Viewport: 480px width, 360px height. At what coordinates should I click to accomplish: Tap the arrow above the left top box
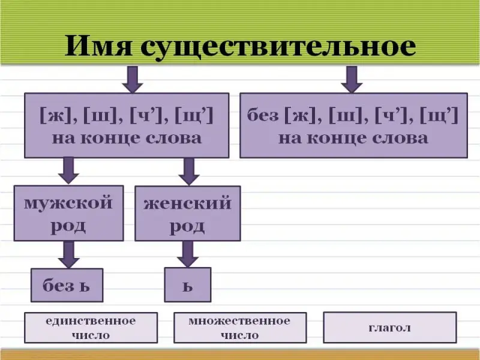click(x=132, y=79)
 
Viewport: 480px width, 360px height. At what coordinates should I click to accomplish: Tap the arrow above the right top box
click(x=352, y=79)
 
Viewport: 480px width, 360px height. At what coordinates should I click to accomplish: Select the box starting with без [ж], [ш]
click(x=353, y=125)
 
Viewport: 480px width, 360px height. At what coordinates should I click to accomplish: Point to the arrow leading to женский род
click(x=189, y=170)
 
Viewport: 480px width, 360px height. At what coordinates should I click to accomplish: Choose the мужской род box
click(x=69, y=212)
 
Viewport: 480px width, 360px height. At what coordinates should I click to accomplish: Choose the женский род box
click(x=187, y=212)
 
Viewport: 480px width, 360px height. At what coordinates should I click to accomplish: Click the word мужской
click(x=68, y=203)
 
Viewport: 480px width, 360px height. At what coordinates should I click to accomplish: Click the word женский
click(x=187, y=203)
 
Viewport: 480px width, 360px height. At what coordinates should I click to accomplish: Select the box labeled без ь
click(x=67, y=284)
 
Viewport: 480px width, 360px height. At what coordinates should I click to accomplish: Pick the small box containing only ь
click(x=188, y=284)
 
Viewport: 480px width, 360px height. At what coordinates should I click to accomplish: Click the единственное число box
click(x=91, y=328)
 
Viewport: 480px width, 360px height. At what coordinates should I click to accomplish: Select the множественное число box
click(x=239, y=328)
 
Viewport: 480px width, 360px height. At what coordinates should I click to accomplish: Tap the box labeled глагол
click(x=389, y=328)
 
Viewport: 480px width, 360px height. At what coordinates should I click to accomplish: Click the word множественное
click(x=239, y=321)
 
